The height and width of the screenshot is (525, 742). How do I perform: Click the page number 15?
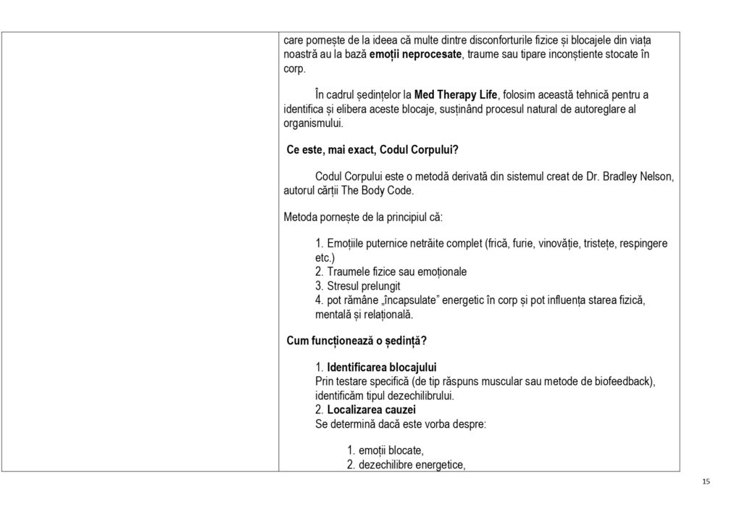[706, 481]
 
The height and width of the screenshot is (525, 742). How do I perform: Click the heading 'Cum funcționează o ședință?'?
[357, 340]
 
